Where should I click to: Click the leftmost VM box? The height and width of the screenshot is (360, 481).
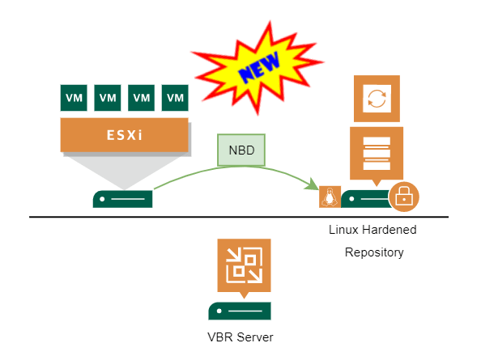coord(74,98)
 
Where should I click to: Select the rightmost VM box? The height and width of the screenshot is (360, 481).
coord(175,98)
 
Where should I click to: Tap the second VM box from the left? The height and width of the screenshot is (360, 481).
coord(108,98)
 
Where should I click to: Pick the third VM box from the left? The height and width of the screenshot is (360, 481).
coord(141,98)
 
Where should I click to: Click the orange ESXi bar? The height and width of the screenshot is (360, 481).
coord(124,135)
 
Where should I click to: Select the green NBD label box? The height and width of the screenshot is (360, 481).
coord(241,150)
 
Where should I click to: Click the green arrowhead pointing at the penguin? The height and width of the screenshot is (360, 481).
coord(313,184)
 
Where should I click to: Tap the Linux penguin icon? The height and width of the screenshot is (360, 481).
coord(330,197)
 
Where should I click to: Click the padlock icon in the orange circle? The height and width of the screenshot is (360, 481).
coord(404,197)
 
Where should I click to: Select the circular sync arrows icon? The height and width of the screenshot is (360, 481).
coord(377,99)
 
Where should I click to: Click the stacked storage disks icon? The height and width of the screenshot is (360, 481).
coord(377,153)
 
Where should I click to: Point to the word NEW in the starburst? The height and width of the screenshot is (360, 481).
coord(259,67)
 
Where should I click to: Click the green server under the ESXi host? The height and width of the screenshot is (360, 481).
coord(123,199)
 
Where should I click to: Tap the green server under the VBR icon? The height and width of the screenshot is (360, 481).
coord(240,311)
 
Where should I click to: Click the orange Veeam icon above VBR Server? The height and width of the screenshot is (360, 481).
coord(245,265)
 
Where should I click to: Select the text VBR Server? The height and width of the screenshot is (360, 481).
coord(240,337)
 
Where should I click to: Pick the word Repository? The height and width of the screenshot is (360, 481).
coord(374,252)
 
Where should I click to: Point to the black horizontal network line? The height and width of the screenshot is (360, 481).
coord(239,217)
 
